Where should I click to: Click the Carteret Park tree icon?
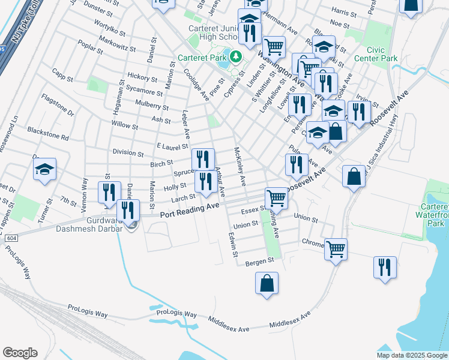(235, 57)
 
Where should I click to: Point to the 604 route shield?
(10, 238)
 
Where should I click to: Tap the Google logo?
(20, 352)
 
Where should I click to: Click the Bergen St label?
(261, 260)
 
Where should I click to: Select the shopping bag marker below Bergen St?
(267, 284)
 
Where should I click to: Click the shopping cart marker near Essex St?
(276, 197)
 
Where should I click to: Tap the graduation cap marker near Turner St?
(44, 170)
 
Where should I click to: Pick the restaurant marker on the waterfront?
(385, 268)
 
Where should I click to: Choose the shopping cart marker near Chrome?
(336, 248)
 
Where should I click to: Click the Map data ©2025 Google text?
(411, 355)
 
